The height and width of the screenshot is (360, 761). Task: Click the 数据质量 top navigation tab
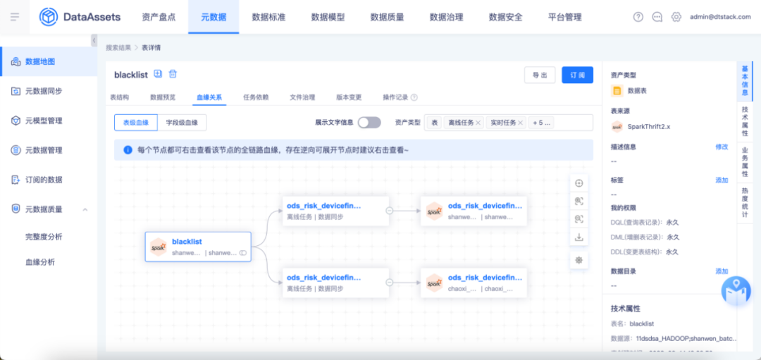click(x=387, y=17)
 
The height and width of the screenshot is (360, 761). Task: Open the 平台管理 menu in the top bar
click(x=564, y=17)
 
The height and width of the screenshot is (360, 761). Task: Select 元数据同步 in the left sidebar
click(x=44, y=91)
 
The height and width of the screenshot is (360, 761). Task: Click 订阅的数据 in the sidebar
click(x=44, y=180)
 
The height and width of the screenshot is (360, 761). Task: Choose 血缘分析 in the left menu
click(x=40, y=262)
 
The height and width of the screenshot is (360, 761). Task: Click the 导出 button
click(x=540, y=75)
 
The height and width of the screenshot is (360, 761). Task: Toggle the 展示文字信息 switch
click(x=369, y=123)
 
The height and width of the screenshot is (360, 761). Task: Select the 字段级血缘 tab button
click(x=182, y=123)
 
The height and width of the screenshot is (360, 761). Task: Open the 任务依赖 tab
click(x=256, y=98)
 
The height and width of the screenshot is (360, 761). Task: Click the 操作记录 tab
click(x=395, y=98)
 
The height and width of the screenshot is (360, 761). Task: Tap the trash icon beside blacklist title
click(x=173, y=74)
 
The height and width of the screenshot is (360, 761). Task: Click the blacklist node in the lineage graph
click(x=198, y=247)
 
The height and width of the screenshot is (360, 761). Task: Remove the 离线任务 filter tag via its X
click(x=478, y=123)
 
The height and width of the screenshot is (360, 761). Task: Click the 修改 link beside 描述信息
click(x=722, y=147)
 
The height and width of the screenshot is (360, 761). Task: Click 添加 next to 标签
click(x=722, y=180)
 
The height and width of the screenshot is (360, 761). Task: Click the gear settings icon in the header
click(x=676, y=17)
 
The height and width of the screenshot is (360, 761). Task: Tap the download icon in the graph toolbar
click(x=579, y=237)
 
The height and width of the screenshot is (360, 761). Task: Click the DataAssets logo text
click(x=92, y=17)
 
